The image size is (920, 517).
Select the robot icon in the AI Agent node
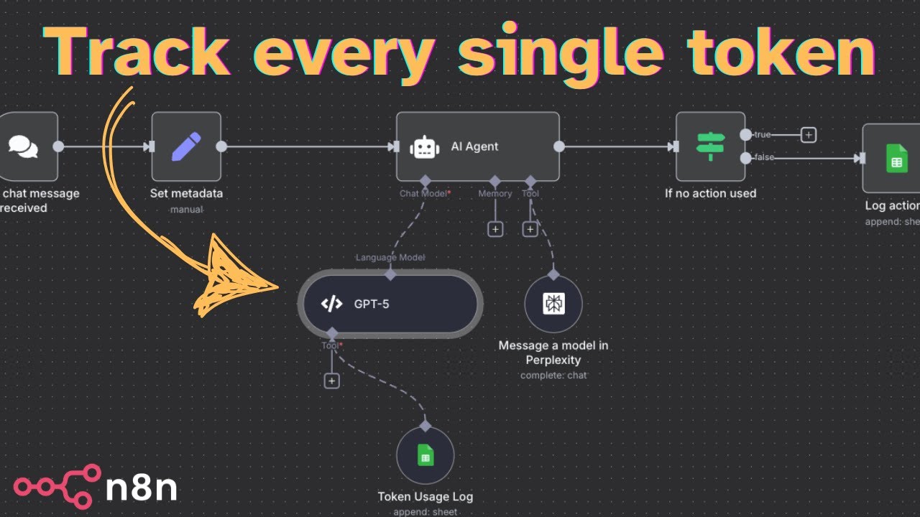tap(425, 147)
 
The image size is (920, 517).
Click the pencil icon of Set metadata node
tap(186, 146)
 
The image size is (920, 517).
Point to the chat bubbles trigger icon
tap(23, 146)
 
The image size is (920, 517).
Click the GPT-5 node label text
tap(372, 304)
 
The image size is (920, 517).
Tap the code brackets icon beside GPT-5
tap(331, 304)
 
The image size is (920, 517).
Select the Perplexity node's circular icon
tap(553, 304)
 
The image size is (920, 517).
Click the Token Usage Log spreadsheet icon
tap(425, 455)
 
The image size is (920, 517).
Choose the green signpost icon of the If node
tap(710, 146)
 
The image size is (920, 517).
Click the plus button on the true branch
tap(809, 134)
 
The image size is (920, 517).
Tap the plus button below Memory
tap(495, 229)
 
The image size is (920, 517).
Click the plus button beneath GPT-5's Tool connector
tap(331, 381)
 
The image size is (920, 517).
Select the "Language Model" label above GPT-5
tap(390, 257)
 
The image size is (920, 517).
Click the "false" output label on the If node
tap(764, 157)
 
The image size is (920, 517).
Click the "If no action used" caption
tap(710, 193)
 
